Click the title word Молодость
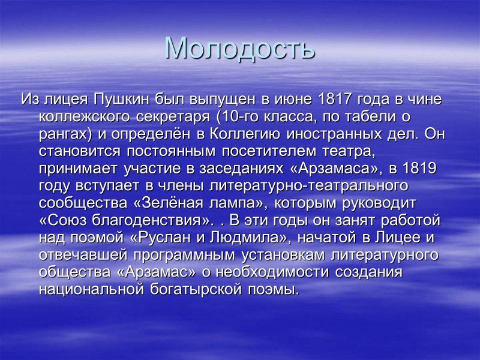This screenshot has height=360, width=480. click(x=240, y=48)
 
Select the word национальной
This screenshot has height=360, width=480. click(x=91, y=290)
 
